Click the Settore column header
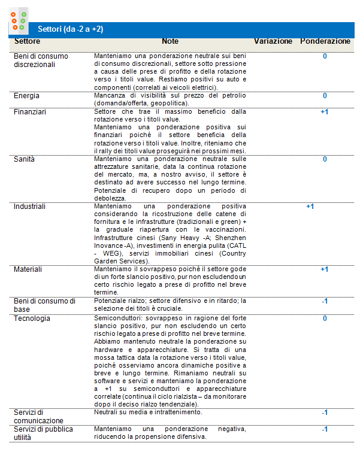point(27,41)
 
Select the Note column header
point(170,41)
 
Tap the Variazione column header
point(273,41)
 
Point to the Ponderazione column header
point(325,41)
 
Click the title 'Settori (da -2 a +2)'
point(70,29)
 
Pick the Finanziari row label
point(30,111)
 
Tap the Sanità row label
point(25,159)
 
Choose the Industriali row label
point(30,206)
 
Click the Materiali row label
point(28,269)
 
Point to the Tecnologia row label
point(32,318)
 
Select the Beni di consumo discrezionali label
point(41,60)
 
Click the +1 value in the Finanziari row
point(325,111)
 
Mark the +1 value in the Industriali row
point(310,207)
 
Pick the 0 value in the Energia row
point(325,95)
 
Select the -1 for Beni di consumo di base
point(324,301)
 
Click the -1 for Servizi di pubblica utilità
point(325,429)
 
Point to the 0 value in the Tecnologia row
point(325,318)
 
